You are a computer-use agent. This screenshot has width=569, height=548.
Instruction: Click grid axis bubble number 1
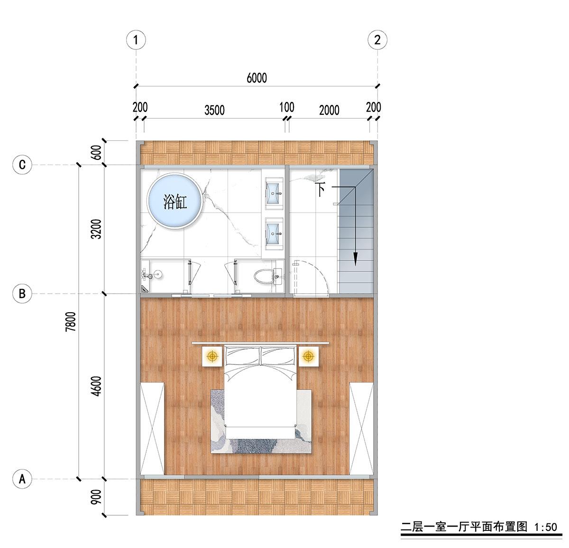[x=136, y=40]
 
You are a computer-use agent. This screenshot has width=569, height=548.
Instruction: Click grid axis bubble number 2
[x=377, y=40]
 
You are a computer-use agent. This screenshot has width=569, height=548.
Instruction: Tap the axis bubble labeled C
[x=22, y=165]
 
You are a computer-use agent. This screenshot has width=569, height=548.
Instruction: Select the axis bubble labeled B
[x=22, y=294]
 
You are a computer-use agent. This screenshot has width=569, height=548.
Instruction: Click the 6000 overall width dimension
[x=257, y=78]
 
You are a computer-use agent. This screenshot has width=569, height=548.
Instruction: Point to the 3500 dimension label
[x=214, y=111]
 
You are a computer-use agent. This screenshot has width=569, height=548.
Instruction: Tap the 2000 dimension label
[x=329, y=111]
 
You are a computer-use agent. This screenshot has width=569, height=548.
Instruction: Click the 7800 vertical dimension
[x=71, y=322]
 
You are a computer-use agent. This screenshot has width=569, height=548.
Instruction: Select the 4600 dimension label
[x=96, y=386]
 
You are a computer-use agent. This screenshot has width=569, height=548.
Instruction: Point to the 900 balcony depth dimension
[x=96, y=497]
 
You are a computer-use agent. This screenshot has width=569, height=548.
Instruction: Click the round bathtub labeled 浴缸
[x=174, y=201]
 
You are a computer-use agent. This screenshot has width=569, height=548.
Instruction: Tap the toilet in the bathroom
[x=265, y=276]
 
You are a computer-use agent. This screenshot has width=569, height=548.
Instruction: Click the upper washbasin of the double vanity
[x=274, y=193]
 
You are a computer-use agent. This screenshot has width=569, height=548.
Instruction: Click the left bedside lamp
[x=212, y=356]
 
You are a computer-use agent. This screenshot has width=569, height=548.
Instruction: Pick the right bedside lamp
[x=308, y=356]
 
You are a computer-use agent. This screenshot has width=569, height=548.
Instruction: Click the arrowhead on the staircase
[x=355, y=259]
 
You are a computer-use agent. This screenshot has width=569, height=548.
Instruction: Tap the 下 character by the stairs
[x=321, y=190]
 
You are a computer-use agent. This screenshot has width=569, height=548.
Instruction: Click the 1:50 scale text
[x=546, y=527]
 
